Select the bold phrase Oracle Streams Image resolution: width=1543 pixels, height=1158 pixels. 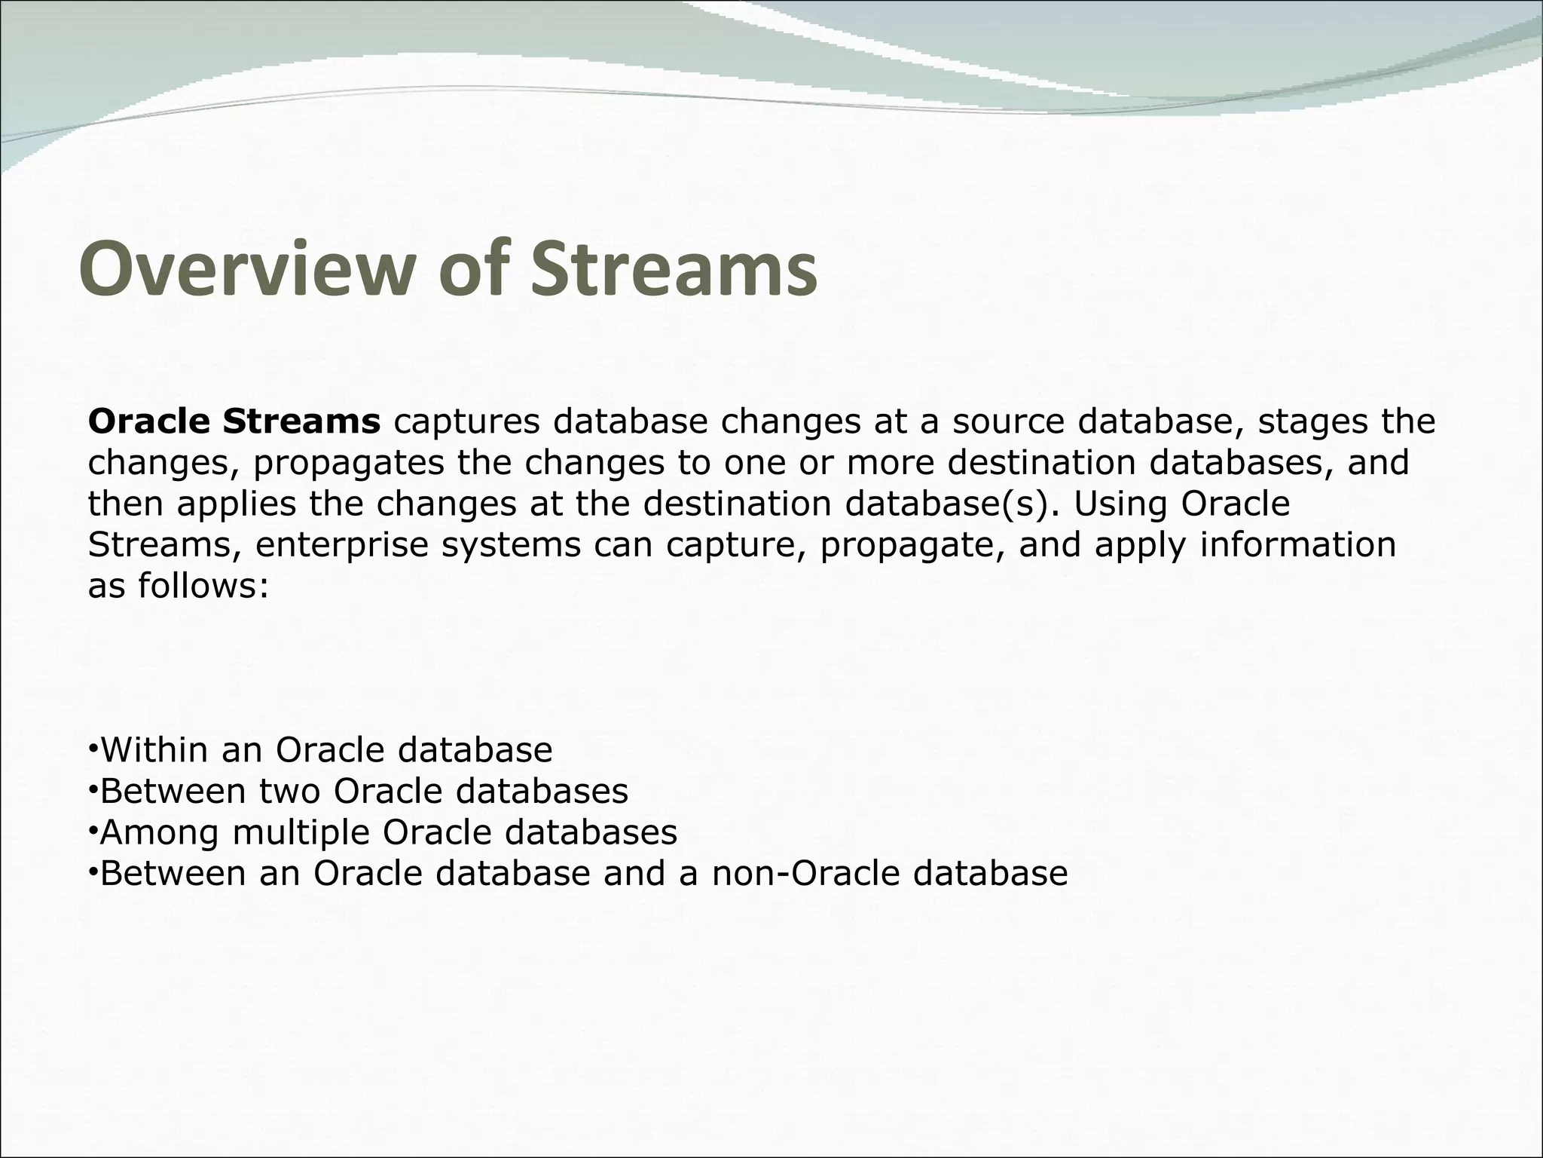click(x=234, y=421)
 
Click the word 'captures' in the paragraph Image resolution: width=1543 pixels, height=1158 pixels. click(x=466, y=422)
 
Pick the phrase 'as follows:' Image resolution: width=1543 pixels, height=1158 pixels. click(x=179, y=585)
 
